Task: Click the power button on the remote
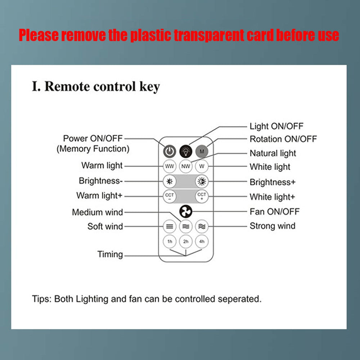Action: click(170, 151)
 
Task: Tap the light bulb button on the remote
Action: click(186, 151)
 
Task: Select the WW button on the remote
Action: click(170, 166)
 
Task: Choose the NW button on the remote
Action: click(186, 166)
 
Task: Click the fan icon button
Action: click(186, 212)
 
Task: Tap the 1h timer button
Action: click(170, 241)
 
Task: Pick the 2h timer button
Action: click(186, 241)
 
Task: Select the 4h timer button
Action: click(202, 241)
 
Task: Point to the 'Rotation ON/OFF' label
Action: click(283, 139)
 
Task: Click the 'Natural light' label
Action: click(273, 153)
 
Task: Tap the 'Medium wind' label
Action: click(98, 212)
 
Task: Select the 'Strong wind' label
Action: click(273, 226)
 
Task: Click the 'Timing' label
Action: click(110, 255)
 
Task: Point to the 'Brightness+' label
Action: click(273, 182)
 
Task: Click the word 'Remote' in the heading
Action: click(68, 87)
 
